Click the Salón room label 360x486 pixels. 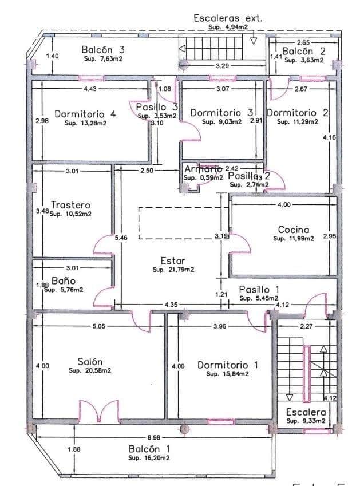pyautogui.click(x=90, y=361)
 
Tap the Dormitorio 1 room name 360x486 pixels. pyautogui.click(x=227, y=365)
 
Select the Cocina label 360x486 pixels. pyautogui.click(x=294, y=230)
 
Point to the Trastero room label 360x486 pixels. pyautogui.click(x=70, y=205)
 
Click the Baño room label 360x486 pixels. pyautogui.click(x=64, y=281)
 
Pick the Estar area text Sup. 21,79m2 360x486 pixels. pyautogui.click(x=173, y=269)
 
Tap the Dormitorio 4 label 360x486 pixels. pyautogui.click(x=85, y=113)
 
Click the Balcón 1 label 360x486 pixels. pyautogui.click(x=149, y=448)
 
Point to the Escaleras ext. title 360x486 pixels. pyautogui.click(x=228, y=18)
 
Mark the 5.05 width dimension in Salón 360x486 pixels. pyautogui.click(x=100, y=327)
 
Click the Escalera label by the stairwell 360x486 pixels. pyautogui.click(x=306, y=412)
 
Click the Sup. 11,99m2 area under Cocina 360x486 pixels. pyautogui.click(x=294, y=239)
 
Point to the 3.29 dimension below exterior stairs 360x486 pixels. pyautogui.click(x=223, y=67)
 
